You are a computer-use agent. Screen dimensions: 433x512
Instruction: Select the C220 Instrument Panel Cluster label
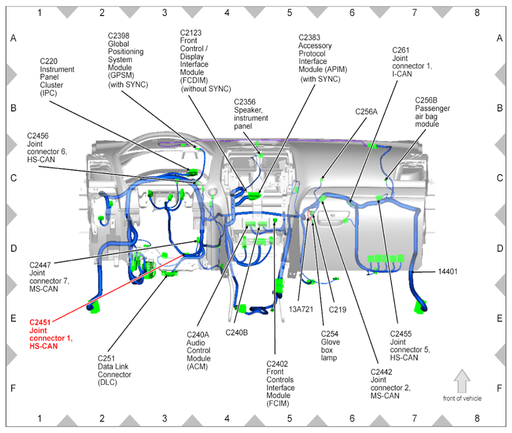point(57,77)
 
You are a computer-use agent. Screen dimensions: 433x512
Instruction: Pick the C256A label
point(366,111)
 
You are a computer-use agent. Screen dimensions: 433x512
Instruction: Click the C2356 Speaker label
point(251,114)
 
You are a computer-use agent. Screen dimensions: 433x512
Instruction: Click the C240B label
point(236,333)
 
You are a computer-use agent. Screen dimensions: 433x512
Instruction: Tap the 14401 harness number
point(449,271)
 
